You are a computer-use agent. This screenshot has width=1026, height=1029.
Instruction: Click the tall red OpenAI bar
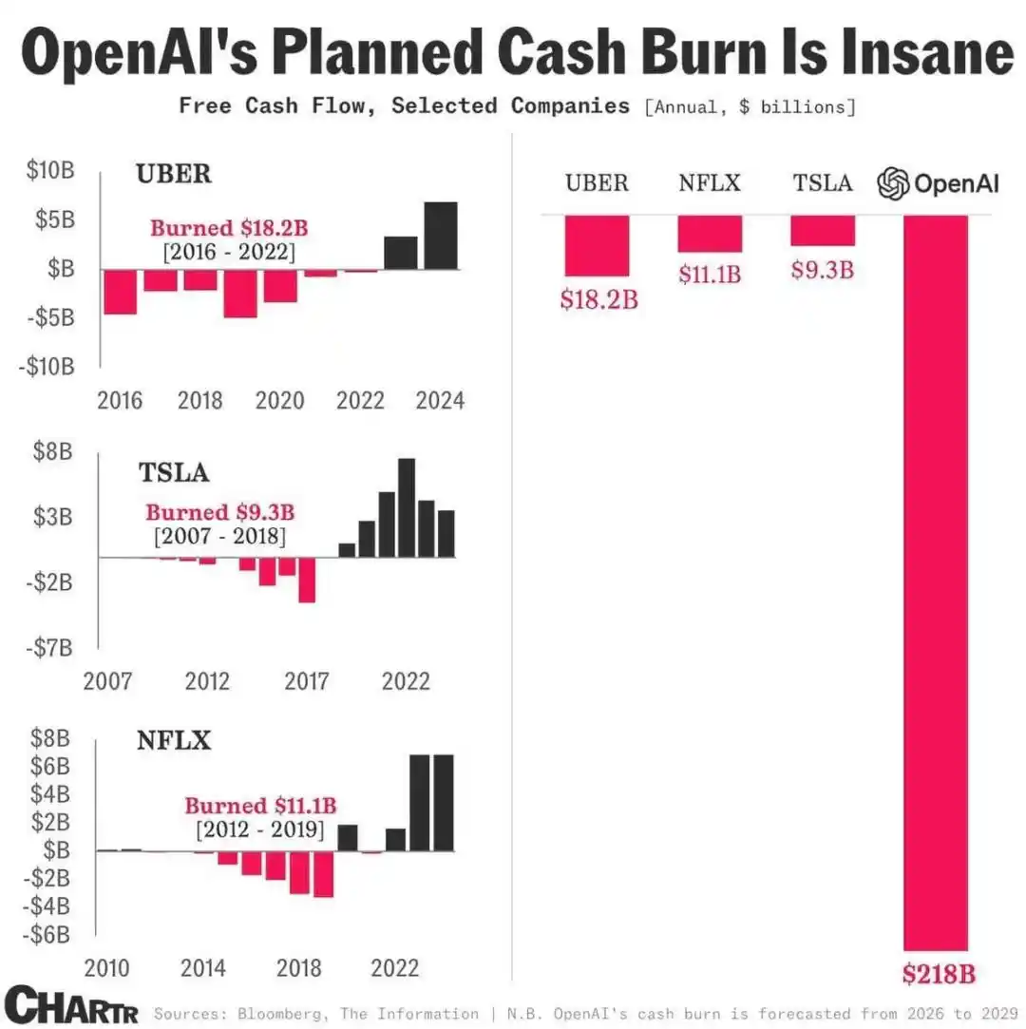(x=936, y=580)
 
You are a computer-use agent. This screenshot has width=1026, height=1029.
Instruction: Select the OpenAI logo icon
(x=893, y=183)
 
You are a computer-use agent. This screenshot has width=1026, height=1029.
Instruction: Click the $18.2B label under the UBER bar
(x=598, y=300)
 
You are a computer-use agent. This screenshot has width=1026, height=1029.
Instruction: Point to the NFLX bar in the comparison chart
(x=710, y=234)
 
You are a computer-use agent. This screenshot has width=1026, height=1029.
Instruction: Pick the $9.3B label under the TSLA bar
(x=823, y=270)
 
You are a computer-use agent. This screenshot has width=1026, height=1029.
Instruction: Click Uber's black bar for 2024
(x=441, y=235)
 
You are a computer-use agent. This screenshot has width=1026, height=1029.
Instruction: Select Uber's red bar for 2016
(x=120, y=292)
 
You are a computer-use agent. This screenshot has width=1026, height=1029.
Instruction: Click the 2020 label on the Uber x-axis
(x=279, y=401)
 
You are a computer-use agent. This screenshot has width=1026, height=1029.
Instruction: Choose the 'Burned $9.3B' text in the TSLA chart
(x=219, y=513)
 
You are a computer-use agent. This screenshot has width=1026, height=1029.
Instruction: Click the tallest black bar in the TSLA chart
(x=407, y=507)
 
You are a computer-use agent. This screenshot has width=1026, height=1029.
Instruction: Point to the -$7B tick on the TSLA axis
(x=49, y=647)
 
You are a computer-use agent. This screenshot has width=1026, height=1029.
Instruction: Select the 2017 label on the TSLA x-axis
(x=307, y=682)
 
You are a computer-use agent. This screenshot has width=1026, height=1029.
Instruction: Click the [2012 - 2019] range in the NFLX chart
(x=260, y=829)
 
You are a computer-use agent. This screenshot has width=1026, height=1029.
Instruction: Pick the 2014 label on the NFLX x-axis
(x=202, y=969)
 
